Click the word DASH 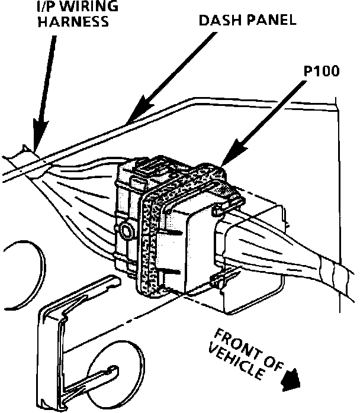coord(217,20)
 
